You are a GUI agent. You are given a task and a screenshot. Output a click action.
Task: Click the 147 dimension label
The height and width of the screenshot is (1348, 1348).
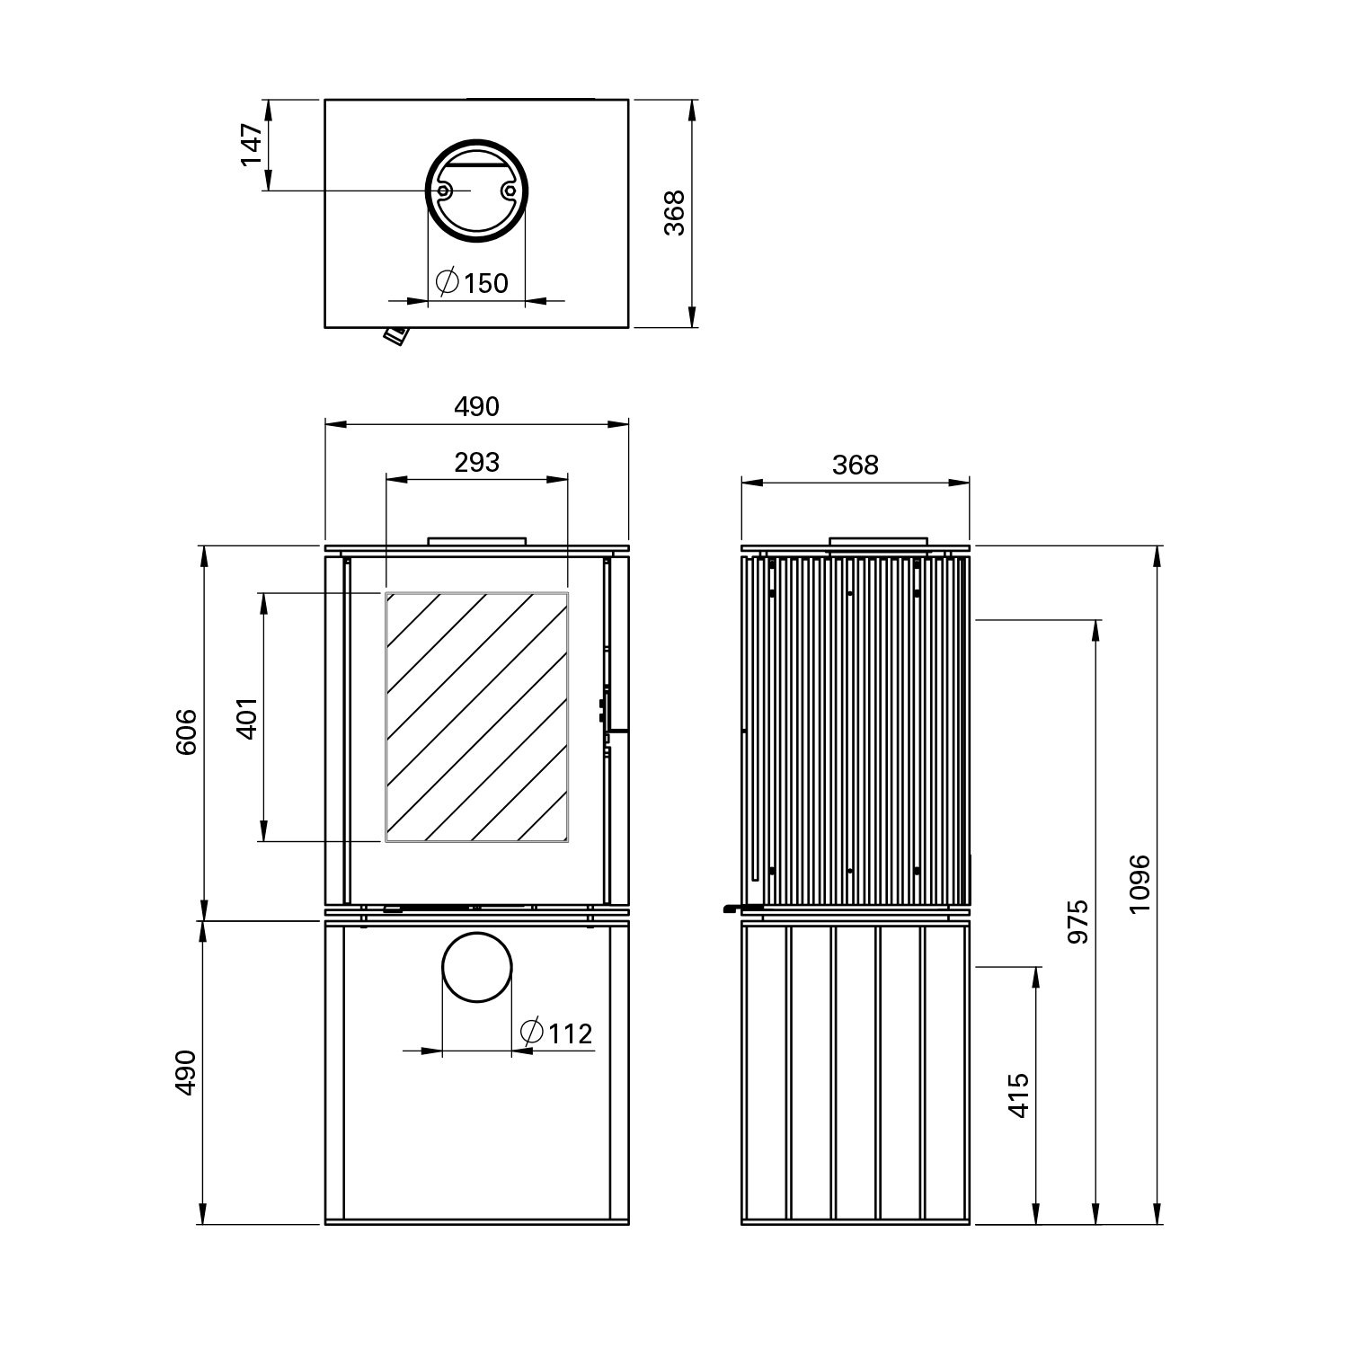pos(252,145)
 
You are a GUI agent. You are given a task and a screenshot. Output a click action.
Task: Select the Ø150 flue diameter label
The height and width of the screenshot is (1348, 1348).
pos(472,282)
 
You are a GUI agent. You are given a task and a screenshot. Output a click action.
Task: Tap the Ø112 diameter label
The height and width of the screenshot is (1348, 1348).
pos(557,1033)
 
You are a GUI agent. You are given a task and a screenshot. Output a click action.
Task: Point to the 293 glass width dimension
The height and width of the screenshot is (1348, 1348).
pos(476,462)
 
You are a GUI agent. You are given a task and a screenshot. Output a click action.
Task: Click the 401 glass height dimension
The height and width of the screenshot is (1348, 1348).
pos(248,716)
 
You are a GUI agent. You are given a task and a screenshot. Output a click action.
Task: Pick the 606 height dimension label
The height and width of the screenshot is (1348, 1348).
pos(185,732)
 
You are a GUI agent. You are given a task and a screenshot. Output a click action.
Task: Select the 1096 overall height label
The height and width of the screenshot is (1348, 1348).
pos(1140,882)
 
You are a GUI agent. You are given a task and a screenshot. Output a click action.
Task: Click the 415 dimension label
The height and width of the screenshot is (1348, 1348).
pos(1018,1095)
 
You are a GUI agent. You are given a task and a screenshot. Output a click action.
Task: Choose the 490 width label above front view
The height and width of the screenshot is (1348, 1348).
pos(476,406)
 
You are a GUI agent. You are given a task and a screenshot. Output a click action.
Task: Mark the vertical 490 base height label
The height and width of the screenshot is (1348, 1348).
pos(185,1071)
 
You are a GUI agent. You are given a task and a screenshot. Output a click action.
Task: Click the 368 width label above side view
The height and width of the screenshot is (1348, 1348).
pos(855,465)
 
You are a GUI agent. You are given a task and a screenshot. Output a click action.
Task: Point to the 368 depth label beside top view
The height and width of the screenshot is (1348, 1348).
pos(674,213)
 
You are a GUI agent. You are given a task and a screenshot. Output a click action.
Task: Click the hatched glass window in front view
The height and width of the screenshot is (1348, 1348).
pos(476,716)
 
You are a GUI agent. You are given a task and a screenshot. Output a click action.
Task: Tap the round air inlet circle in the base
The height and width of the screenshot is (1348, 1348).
pos(476,967)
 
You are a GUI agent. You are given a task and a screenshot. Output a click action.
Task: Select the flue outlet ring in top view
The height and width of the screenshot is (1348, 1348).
pos(476,191)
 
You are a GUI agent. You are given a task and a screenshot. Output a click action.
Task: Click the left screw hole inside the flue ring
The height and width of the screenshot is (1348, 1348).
pos(443,191)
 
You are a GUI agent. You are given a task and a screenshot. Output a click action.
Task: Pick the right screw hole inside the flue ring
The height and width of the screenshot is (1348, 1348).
pos(510,191)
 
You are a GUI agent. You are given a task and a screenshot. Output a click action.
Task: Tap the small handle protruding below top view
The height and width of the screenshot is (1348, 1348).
pos(395,335)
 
